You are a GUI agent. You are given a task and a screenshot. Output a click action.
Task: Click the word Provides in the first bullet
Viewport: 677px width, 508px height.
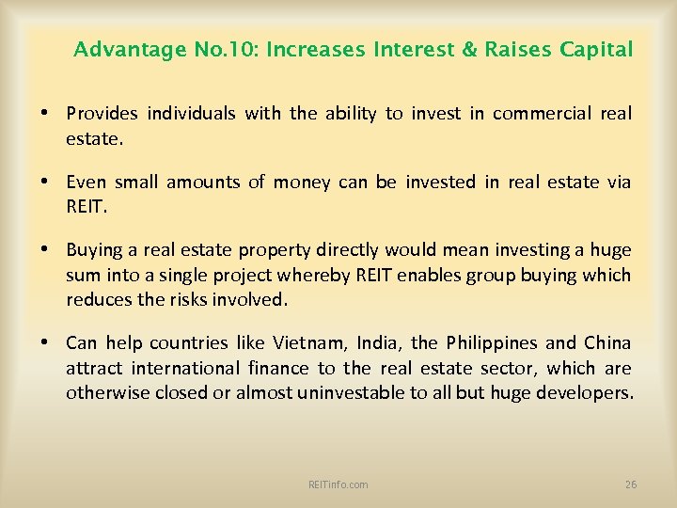[x=102, y=114]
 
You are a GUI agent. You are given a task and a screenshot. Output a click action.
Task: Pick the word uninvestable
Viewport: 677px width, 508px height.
[x=351, y=391]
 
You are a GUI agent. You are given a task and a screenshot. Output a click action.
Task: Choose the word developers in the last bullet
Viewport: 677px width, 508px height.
[x=583, y=391]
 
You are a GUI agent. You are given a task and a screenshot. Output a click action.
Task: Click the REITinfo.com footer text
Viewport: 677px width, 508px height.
[x=338, y=484]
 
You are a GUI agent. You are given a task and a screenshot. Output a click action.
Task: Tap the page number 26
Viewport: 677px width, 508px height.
[x=631, y=484]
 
